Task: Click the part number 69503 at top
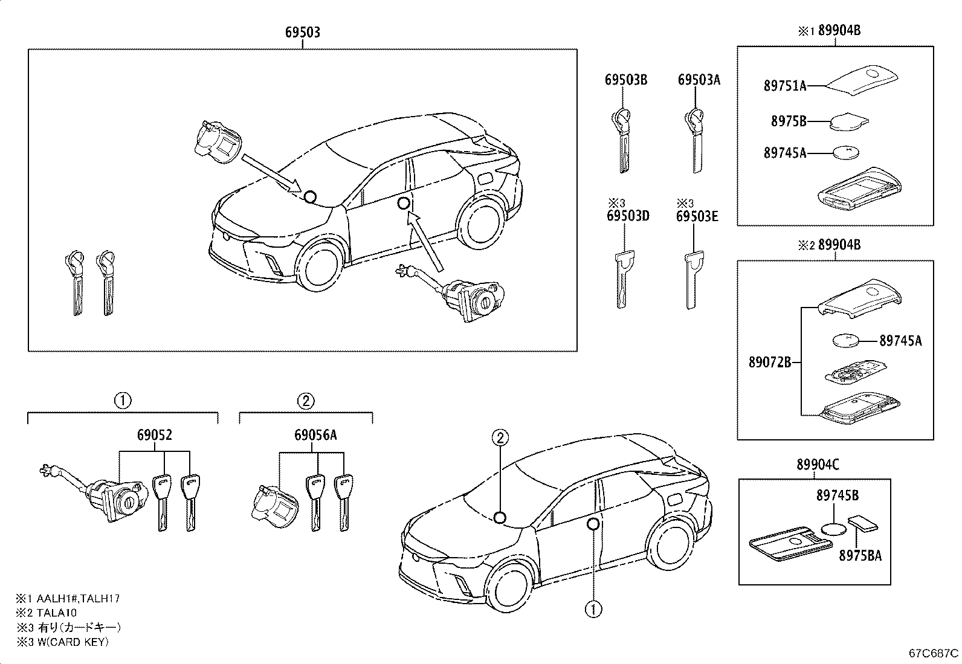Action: (x=302, y=33)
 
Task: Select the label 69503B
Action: (x=626, y=80)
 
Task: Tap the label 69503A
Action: (x=699, y=80)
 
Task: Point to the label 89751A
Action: (x=785, y=86)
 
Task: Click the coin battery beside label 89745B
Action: (x=834, y=529)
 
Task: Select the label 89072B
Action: (x=770, y=363)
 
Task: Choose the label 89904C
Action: (x=818, y=465)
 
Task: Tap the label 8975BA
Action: (x=860, y=555)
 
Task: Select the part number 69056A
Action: (x=315, y=435)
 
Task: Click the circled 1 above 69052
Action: (x=123, y=400)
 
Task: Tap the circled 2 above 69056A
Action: (x=306, y=400)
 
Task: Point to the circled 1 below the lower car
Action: (x=593, y=609)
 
